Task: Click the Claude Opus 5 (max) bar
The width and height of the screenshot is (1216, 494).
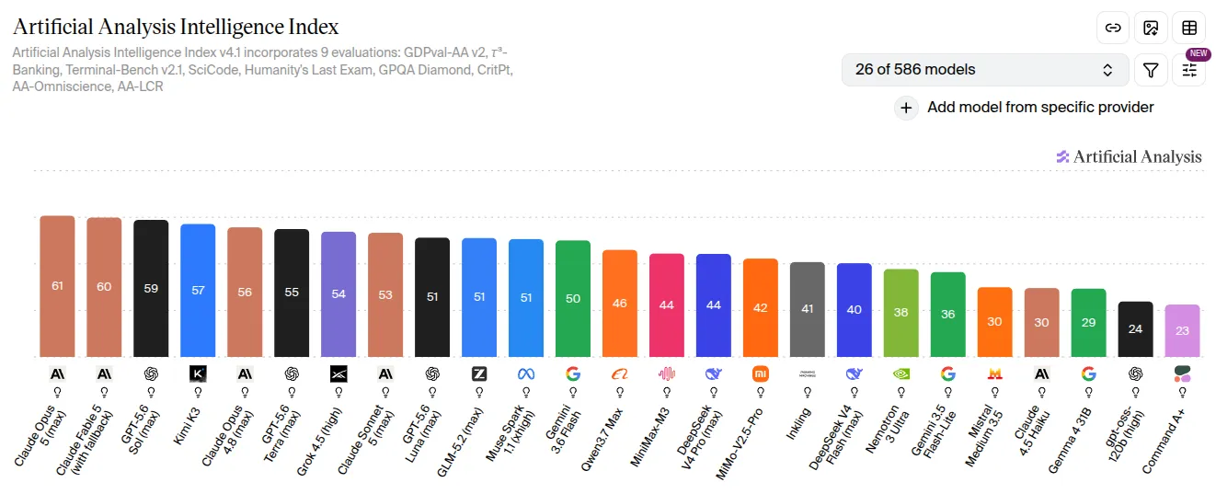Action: [x=57, y=286]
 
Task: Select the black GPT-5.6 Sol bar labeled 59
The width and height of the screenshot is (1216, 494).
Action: [x=151, y=288]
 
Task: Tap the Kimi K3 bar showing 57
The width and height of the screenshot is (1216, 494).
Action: [x=198, y=291]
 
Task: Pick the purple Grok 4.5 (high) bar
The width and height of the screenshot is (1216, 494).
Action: [x=338, y=294]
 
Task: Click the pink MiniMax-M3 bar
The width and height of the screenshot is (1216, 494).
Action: [x=667, y=305]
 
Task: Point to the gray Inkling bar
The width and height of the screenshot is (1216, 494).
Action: [x=808, y=309]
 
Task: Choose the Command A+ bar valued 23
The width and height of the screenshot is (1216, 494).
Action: [x=1182, y=330]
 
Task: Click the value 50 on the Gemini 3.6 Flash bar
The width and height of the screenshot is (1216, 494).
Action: [x=573, y=299]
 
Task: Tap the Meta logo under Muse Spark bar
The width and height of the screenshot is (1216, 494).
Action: [x=526, y=374]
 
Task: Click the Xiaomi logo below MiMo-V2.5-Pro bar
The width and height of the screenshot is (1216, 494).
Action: [x=761, y=374]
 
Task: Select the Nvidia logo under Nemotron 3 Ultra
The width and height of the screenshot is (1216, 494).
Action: [x=901, y=374]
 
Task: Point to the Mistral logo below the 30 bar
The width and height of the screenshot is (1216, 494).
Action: [x=994, y=374]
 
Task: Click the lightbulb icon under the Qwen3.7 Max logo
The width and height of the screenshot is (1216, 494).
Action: [x=620, y=392]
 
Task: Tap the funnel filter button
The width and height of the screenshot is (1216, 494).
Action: [x=1151, y=70]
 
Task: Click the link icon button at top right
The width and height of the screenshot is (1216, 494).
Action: [x=1113, y=28]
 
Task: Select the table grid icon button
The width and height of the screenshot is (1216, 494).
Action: [x=1188, y=28]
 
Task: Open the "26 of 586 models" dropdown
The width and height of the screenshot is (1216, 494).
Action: [x=985, y=70]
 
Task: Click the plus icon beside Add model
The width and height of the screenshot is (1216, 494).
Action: [x=906, y=108]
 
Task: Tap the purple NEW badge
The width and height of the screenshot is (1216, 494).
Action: [x=1198, y=53]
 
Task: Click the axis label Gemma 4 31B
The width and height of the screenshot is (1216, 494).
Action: [x=1070, y=441]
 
